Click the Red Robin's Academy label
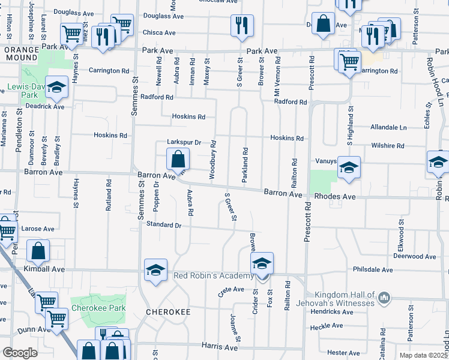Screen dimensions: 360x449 (x=213, y=275)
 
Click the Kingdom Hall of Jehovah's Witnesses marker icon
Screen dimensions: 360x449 (x=385, y=297)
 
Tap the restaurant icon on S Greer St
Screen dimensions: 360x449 (x=242, y=25)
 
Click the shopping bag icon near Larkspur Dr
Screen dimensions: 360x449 (x=178, y=160)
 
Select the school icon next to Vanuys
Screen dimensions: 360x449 (x=349, y=167)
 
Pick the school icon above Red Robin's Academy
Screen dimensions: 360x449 (x=262, y=263)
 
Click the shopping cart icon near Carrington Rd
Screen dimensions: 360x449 (x=349, y=60)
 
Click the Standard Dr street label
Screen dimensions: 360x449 (x=164, y=224)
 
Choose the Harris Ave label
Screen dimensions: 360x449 (x=220, y=347)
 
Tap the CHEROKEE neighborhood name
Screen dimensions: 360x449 (x=168, y=312)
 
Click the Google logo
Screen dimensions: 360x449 (x=20, y=353)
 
